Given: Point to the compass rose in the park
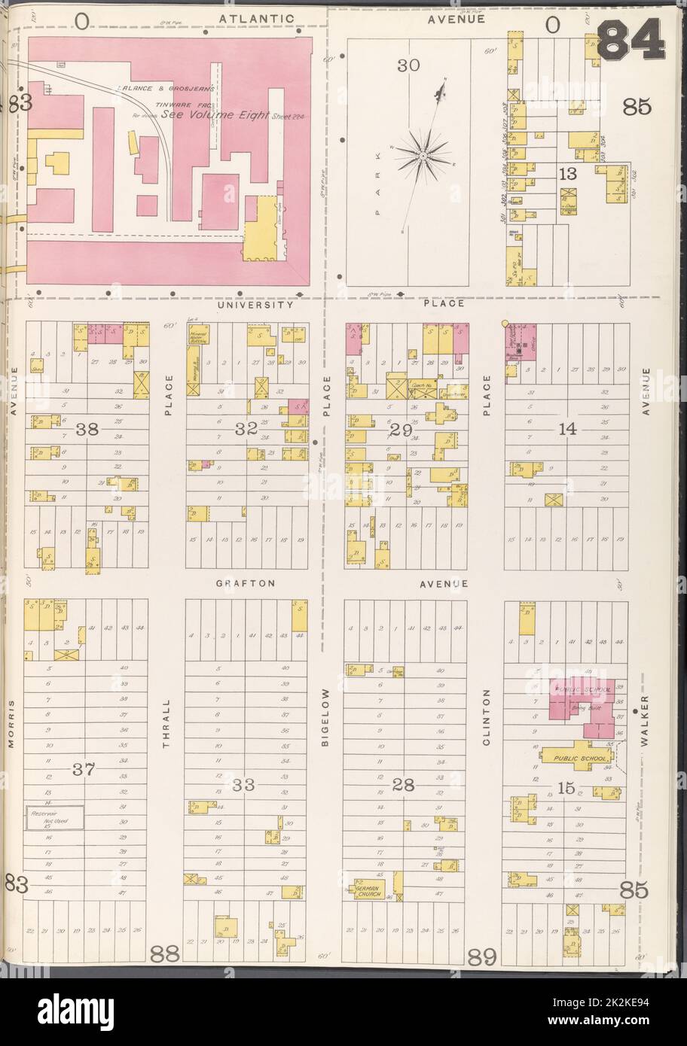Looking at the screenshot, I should click(423, 156).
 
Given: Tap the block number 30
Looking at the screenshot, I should click(408, 65).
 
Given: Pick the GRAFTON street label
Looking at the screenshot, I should click(246, 583).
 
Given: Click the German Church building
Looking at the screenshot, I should click(371, 891).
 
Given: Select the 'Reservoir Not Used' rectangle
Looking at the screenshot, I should click(55, 819).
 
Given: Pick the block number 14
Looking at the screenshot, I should click(567, 430).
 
